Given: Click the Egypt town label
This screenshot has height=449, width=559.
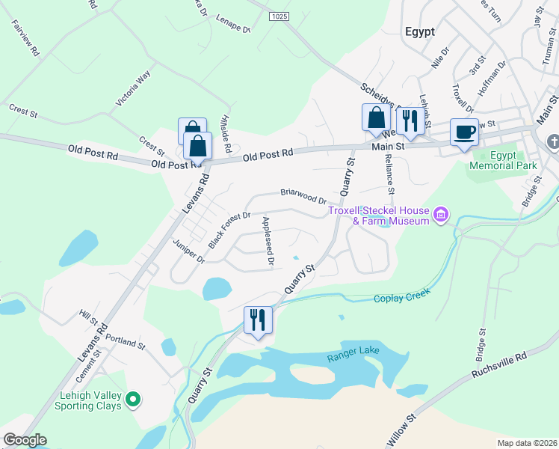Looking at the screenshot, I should tap(419, 31).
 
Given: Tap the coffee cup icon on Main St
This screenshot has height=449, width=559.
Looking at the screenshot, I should tap(464, 132).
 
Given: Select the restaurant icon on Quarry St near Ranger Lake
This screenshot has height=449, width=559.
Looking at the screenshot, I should tap(258, 320).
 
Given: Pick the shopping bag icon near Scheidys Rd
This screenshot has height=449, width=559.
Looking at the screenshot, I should tap(376, 118).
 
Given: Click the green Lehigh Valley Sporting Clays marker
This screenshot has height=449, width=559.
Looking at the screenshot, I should tap(134, 400).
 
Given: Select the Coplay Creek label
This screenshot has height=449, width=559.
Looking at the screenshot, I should tap(403, 298).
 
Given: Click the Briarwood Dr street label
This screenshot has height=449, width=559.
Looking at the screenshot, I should tap(303, 196).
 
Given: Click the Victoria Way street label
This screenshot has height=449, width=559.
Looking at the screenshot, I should tap(133, 88).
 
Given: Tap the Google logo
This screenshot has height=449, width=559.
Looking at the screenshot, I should tap(25, 439).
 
